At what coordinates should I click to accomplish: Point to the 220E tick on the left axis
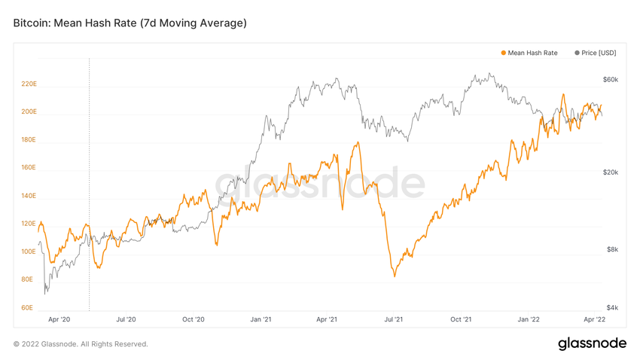[x=29, y=84]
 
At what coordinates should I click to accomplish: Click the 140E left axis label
[x=29, y=196]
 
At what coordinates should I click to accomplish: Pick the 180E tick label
[x=29, y=140]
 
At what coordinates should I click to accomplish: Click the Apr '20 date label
[x=59, y=319]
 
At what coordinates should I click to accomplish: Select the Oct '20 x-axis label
[x=194, y=319]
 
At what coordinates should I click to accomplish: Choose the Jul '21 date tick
[x=393, y=319]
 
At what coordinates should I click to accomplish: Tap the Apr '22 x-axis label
[x=594, y=319]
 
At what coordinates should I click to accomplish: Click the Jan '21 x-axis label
[x=261, y=319]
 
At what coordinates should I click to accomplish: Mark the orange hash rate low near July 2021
[x=394, y=276]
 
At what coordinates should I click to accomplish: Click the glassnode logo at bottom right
[x=592, y=343]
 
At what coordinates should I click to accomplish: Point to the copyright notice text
[x=81, y=344]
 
